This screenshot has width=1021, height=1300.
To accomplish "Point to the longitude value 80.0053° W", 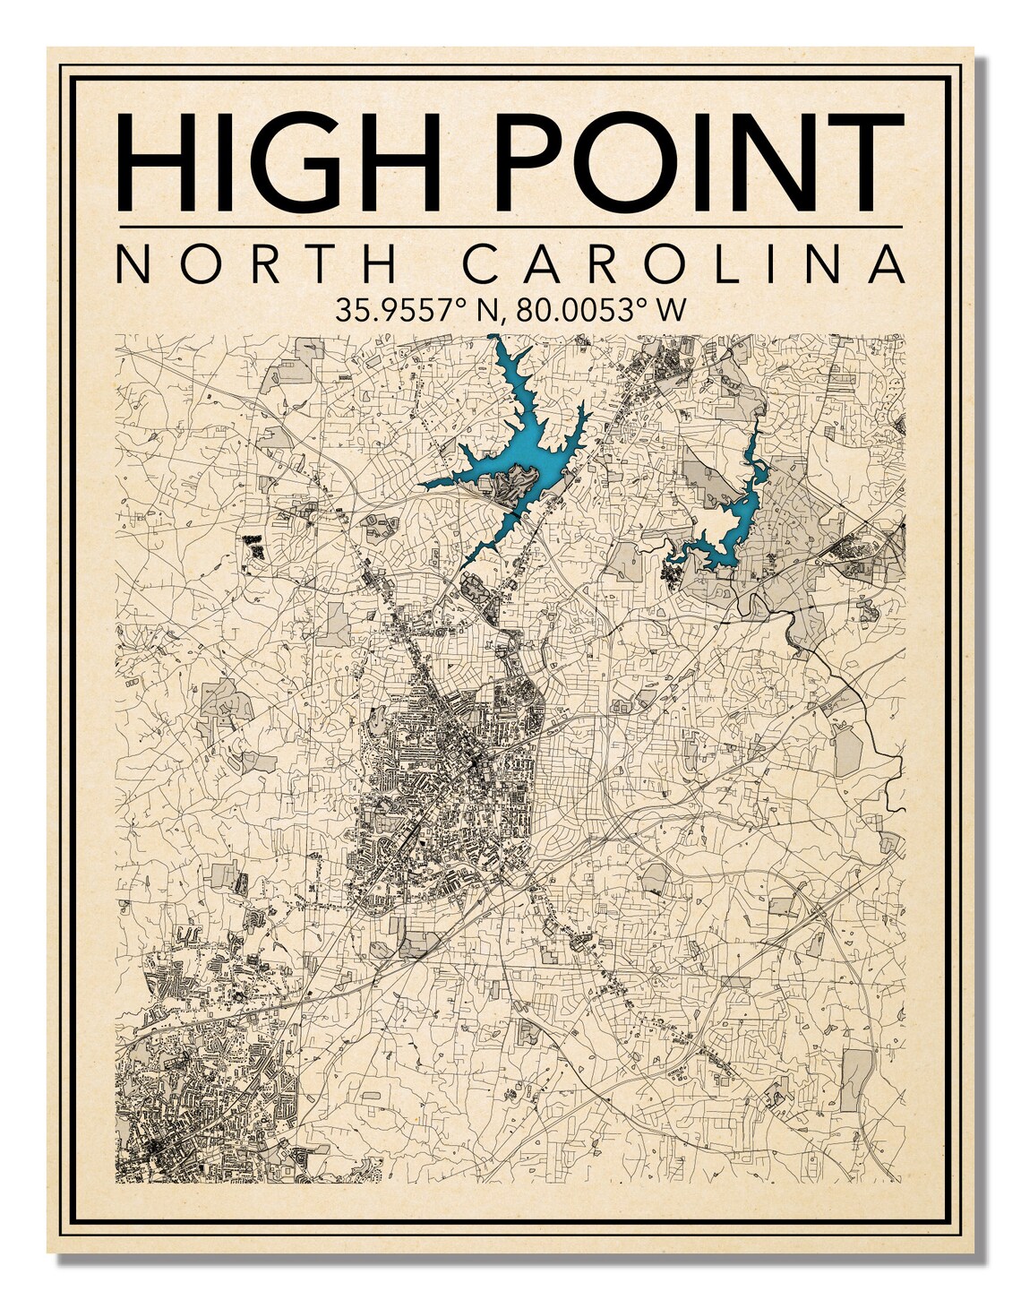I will (601, 310).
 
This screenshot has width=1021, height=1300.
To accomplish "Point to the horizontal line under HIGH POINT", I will (510, 227).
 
